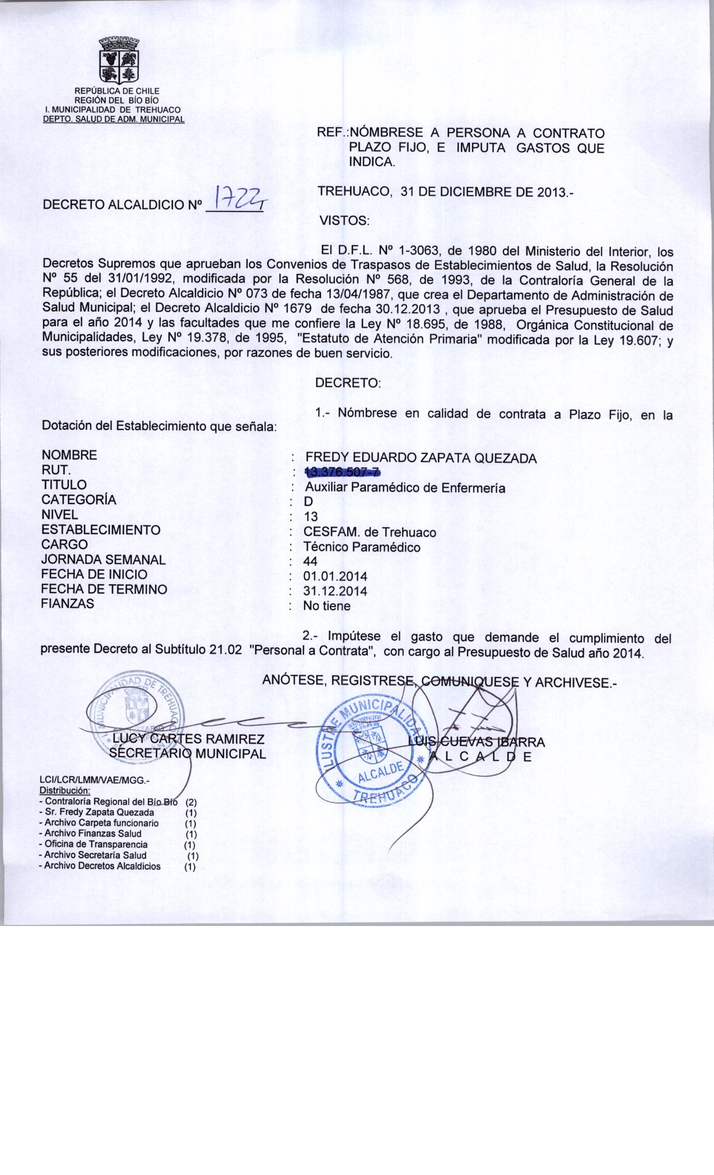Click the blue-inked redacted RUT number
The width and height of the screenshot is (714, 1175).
[342, 473]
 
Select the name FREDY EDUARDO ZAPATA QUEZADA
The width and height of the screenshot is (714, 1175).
[421, 458]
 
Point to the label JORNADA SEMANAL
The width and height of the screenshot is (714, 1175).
[103, 560]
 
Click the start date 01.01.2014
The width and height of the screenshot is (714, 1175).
[335, 576]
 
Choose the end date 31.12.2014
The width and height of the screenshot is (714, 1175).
[335, 591]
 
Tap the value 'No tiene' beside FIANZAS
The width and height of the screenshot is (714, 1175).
[326, 606]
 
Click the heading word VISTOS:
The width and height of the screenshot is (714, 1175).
[344, 220]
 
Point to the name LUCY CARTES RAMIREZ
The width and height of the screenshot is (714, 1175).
[188, 740]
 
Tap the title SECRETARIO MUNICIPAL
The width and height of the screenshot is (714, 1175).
[187, 754]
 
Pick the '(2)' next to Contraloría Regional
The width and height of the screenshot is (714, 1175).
[190, 802]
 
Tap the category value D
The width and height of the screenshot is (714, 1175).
[308, 502]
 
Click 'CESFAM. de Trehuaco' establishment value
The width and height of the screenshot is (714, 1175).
[370, 532]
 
